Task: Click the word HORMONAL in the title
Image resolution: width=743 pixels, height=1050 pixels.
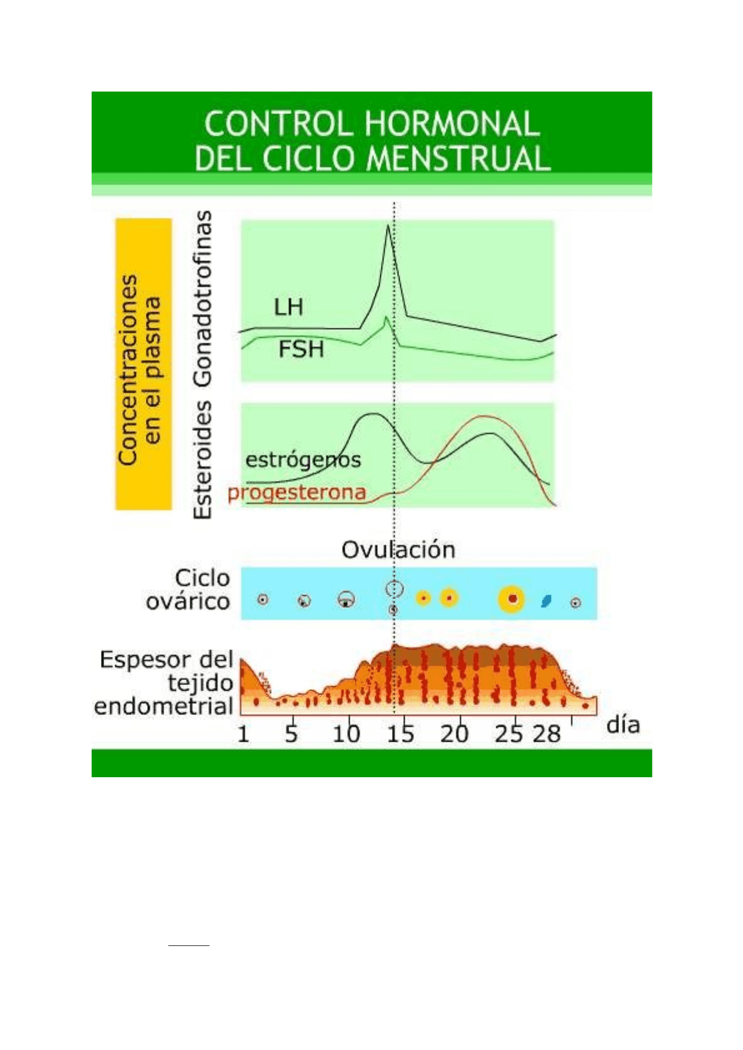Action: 451,124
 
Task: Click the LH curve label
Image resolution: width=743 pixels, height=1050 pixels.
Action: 289,307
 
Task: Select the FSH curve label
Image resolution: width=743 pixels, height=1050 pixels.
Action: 301,349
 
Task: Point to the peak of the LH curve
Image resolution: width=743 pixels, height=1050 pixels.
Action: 388,225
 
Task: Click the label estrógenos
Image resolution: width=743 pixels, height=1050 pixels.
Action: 304,460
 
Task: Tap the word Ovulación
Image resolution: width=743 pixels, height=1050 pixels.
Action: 398,549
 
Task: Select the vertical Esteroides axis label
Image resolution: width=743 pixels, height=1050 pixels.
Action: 203,460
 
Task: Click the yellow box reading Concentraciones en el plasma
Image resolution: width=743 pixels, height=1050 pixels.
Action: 143,364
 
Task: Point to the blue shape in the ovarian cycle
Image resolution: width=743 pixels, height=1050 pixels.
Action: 546,600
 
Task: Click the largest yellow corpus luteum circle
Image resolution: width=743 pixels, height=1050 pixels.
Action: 512,598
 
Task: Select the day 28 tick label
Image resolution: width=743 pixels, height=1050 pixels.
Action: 547,734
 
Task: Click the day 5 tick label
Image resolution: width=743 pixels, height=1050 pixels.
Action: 291,734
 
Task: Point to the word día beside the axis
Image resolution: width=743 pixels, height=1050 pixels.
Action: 623,725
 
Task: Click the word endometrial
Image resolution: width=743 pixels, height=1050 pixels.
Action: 164,706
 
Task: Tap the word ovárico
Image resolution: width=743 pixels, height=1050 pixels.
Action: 188,602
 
